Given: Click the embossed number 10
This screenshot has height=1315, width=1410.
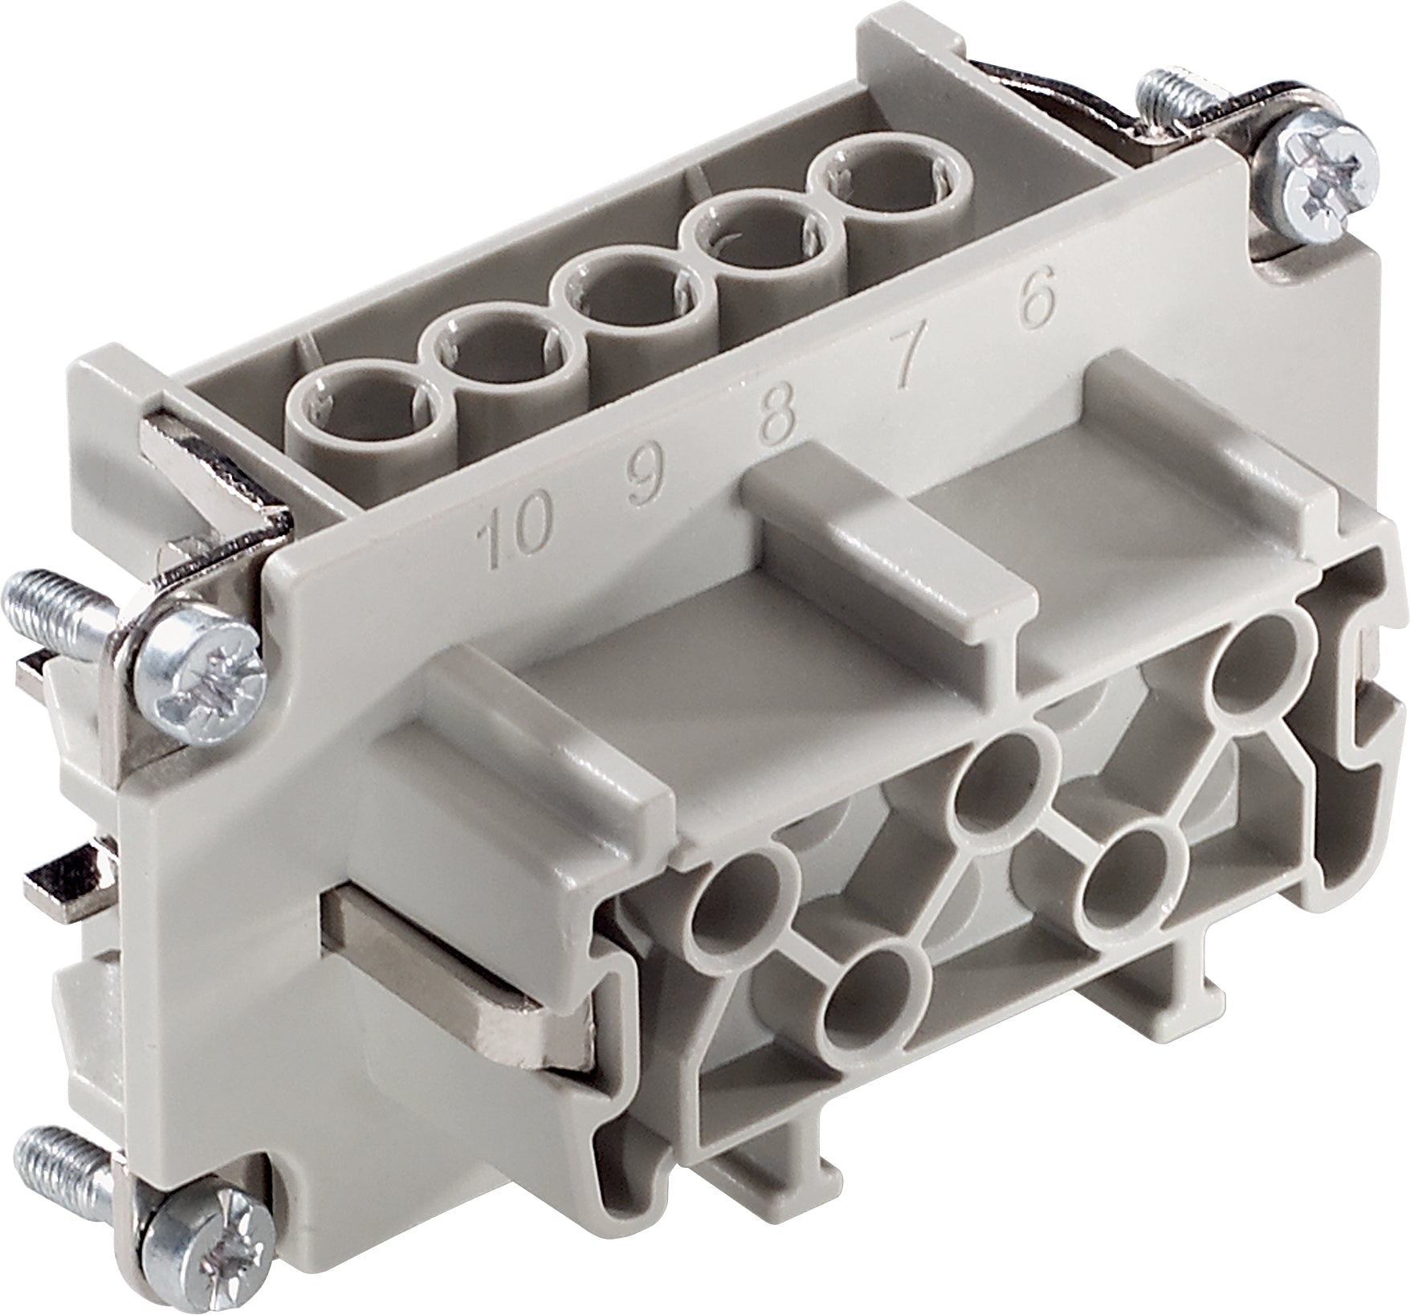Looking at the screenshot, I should tap(515, 532).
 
